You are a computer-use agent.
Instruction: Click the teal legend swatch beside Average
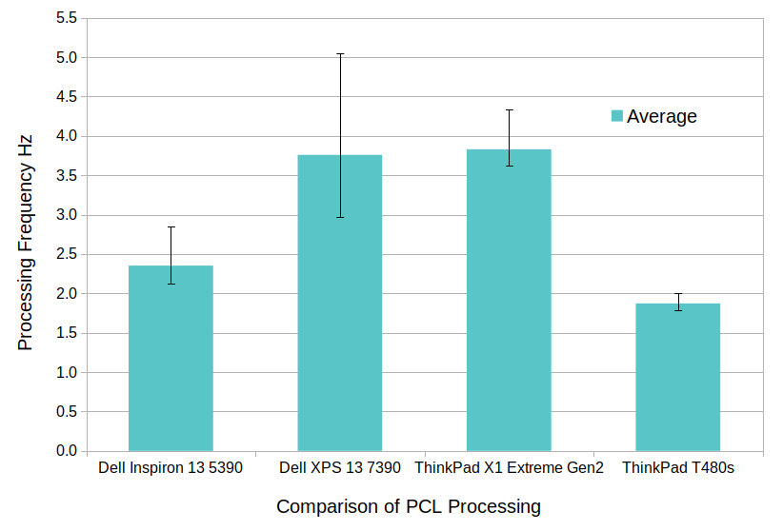(x=616, y=116)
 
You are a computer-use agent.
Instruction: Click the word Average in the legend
(x=662, y=116)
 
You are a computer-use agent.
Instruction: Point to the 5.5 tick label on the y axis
(x=66, y=18)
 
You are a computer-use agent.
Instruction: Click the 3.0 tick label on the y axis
(x=66, y=215)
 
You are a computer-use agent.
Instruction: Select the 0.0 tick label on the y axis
(x=66, y=451)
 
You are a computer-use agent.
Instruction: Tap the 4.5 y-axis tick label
(x=66, y=97)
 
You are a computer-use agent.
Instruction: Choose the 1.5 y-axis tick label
(x=66, y=333)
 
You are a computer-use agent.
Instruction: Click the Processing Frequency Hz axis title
(x=26, y=242)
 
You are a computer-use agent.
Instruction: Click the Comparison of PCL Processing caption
(x=409, y=506)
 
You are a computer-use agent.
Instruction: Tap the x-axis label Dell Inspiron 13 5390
(x=171, y=468)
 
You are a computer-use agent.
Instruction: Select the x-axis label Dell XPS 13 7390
(x=340, y=468)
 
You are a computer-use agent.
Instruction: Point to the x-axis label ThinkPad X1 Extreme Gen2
(x=509, y=468)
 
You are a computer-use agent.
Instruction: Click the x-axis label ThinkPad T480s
(x=677, y=468)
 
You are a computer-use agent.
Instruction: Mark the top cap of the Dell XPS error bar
(x=340, y=54)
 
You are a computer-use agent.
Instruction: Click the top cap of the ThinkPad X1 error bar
(x=509, y=110)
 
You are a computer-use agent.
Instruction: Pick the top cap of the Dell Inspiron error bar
(x=171, y=227)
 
